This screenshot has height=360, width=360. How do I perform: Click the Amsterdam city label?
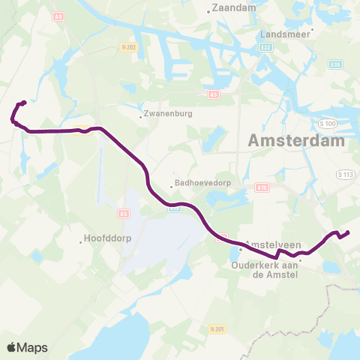[x=296, y=140]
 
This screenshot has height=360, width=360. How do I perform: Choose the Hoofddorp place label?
[x=105, y=241]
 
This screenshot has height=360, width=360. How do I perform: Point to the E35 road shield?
[x=336, y=64]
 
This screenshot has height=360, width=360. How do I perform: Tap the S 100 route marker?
[x=325, y=122]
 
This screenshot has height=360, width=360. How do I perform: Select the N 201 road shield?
[x=218, y=328]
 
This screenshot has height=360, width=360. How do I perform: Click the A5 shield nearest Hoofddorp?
[x=124, y=214]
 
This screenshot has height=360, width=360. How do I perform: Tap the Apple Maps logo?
[x=27, y=347]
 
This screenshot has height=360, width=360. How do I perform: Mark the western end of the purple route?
[x=24, y=103]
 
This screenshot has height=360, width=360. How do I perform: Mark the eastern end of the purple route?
[x=348, y=232]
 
